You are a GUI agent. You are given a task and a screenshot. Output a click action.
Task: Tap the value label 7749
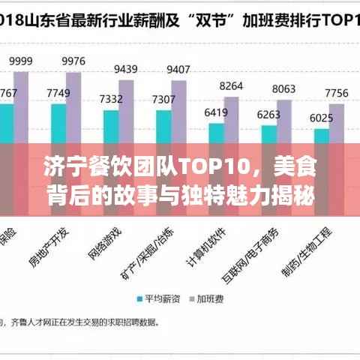click(x=58, y=93)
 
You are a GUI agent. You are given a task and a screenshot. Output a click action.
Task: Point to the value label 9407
click(x=178, y=69)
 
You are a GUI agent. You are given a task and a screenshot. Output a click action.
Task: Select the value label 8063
click(x=283, y=88)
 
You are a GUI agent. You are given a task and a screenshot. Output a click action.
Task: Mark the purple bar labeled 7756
click(x=335, y=124)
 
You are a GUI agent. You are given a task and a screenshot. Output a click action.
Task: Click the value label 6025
click(x=321, y=118)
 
